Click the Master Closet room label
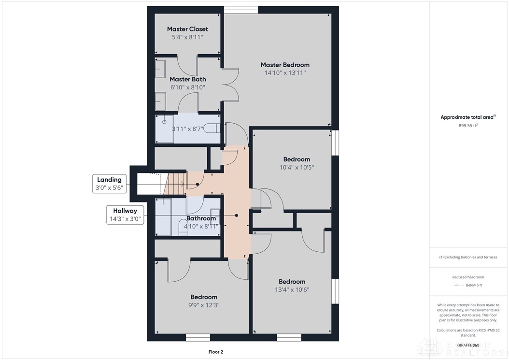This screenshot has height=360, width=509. click(x=187, y=29)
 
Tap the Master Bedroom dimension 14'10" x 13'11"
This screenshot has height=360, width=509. click(x=285, y=73)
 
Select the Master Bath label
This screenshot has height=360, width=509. click(x=187, y=79)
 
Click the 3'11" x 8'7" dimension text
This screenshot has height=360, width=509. click(x=188, y=129)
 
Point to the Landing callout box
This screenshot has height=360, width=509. click(x=110, y=184)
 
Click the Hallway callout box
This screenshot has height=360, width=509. click(x=125, y=215)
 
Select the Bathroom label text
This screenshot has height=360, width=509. click(x=201, y=218)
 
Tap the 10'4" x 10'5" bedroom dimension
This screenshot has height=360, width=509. click(x=297, y=168)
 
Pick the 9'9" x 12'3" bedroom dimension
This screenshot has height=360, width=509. click(x=203, y=305)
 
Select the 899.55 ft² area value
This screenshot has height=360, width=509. click(x=468, y=126)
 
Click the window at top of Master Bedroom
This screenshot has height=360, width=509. click(x=241, y=9)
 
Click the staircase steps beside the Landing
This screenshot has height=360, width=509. click(x=175, y=183)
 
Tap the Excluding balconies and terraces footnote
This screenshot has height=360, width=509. click(x=468, y=257)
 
